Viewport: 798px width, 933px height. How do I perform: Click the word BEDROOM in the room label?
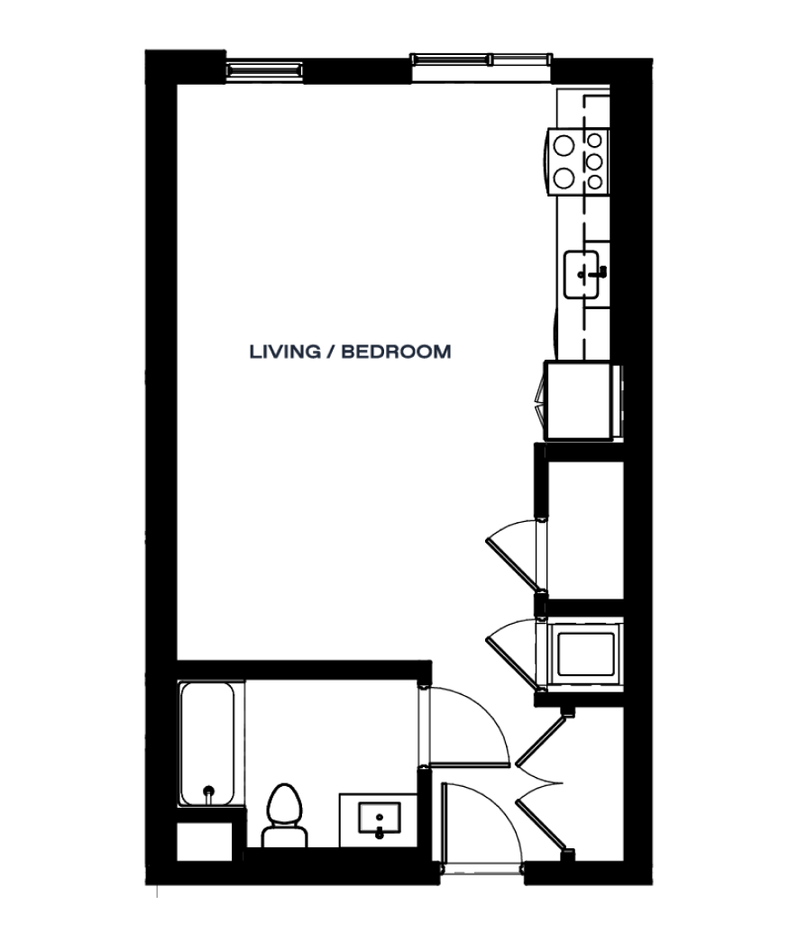[396, 352]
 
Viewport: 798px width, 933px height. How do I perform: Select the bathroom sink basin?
[379, 818]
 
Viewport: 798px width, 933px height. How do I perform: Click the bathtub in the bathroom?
[206, 744]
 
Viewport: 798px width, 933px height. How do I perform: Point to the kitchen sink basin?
[582, 274]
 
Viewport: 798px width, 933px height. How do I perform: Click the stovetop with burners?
[578, 161]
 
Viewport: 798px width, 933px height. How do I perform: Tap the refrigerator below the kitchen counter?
[580, 400]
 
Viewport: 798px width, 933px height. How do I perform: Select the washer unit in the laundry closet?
[585, 654]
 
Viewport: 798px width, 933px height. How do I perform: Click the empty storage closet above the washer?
[585, 529]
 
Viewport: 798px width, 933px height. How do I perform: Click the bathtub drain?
[208, 791]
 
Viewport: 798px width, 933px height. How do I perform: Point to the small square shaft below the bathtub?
[204, 842]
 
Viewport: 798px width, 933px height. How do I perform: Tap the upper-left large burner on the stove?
[563, 145]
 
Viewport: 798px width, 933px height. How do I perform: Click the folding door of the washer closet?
[512, 654]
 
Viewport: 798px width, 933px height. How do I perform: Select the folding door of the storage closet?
[513, 554]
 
